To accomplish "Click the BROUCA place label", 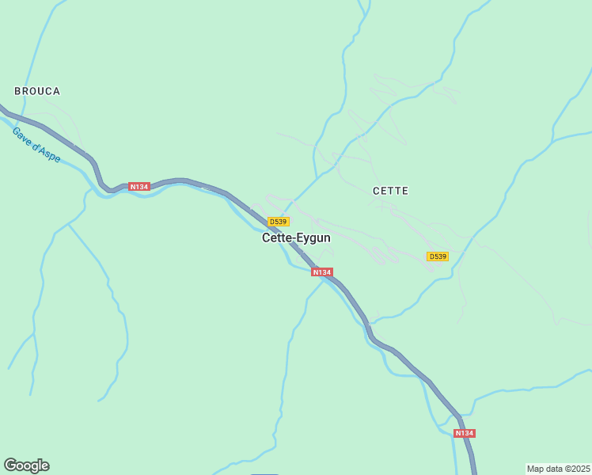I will (x=37, y=91).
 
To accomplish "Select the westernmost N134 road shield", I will (x=139, y=187).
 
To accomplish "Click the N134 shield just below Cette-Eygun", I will (x=321, y=272).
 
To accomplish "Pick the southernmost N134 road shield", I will (x=465, y=433).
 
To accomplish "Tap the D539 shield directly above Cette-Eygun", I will (x=278, y=222).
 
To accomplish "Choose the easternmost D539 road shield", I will (x=438, y=256).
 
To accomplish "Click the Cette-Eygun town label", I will (x=296, y=237).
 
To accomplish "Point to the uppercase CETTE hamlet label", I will (x=390, y=191).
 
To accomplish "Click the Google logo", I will (x=26, y=465).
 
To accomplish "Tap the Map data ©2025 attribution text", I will (x=559, y=469).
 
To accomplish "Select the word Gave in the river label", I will (x=21, y=133).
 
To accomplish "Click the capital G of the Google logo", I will (x=9, y=465).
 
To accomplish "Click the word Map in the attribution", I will (x=535, y=469).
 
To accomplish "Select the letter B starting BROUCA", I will (x=17, y=91).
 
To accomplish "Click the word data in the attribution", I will (x=553, y=469).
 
